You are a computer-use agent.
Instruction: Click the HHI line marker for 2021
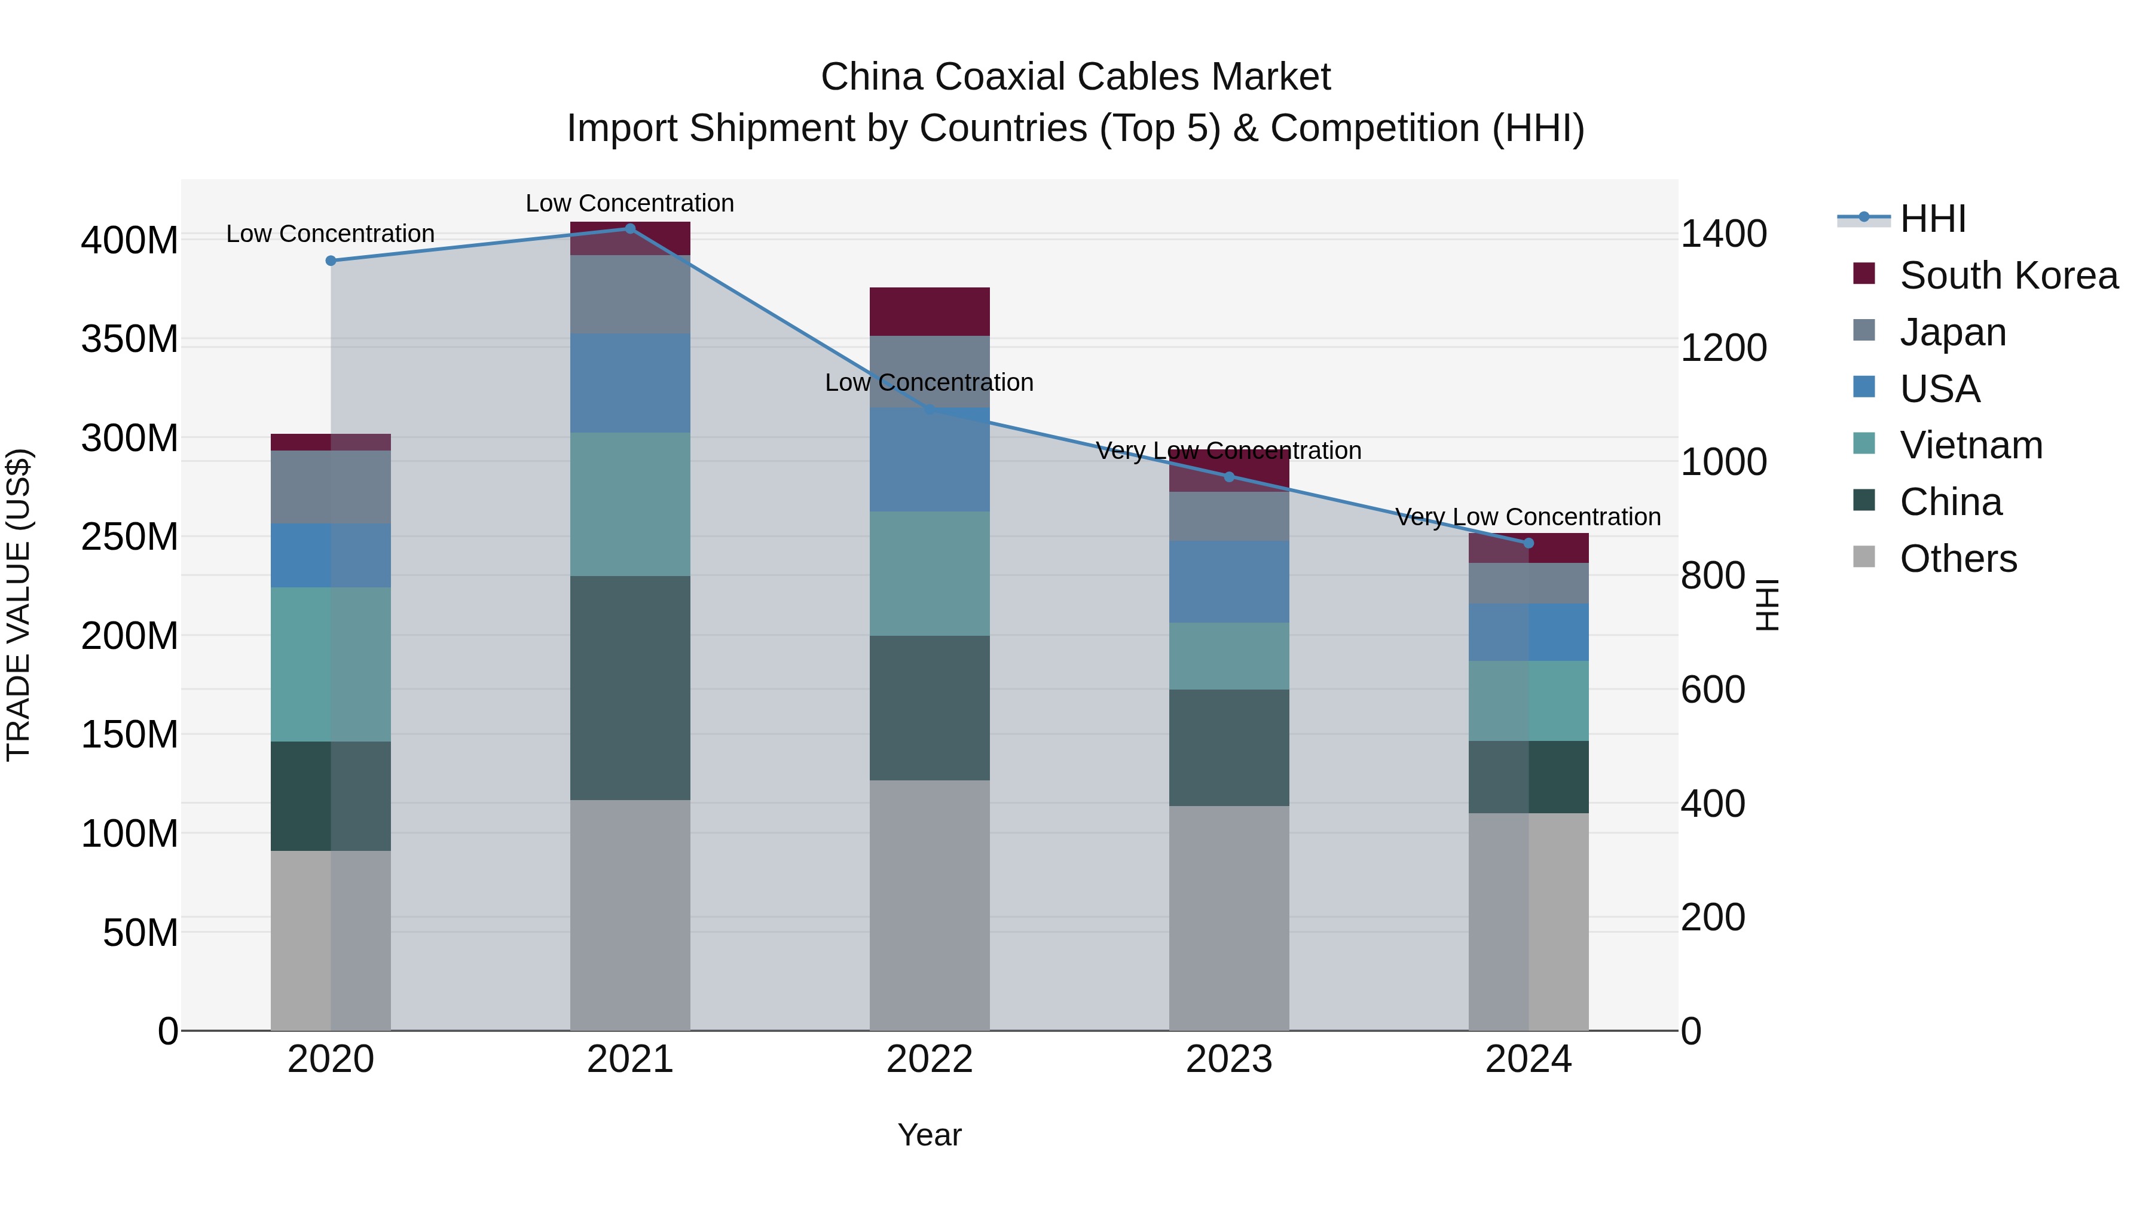(630, 229)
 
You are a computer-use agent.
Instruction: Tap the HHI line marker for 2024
(1528, 543)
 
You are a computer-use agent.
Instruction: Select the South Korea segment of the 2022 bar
(929, 311)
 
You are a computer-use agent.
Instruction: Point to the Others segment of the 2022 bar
(929, 905)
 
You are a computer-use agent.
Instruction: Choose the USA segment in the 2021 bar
(630, 383)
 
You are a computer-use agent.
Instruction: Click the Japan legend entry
(1952, 332)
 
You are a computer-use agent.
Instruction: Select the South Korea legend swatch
(1864, 274)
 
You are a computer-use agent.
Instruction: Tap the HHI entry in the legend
(1932, 219)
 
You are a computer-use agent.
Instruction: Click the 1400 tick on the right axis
(1723, 235)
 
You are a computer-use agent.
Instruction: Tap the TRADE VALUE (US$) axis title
(19, 605)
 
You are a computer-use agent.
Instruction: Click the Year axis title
(929, 1135)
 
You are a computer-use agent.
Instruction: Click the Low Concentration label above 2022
(929, 382)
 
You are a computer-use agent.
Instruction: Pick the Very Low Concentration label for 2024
(1528, 517)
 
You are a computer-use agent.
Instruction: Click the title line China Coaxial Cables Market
(1075, 77)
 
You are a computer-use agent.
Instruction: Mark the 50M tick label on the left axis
(140, 933)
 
